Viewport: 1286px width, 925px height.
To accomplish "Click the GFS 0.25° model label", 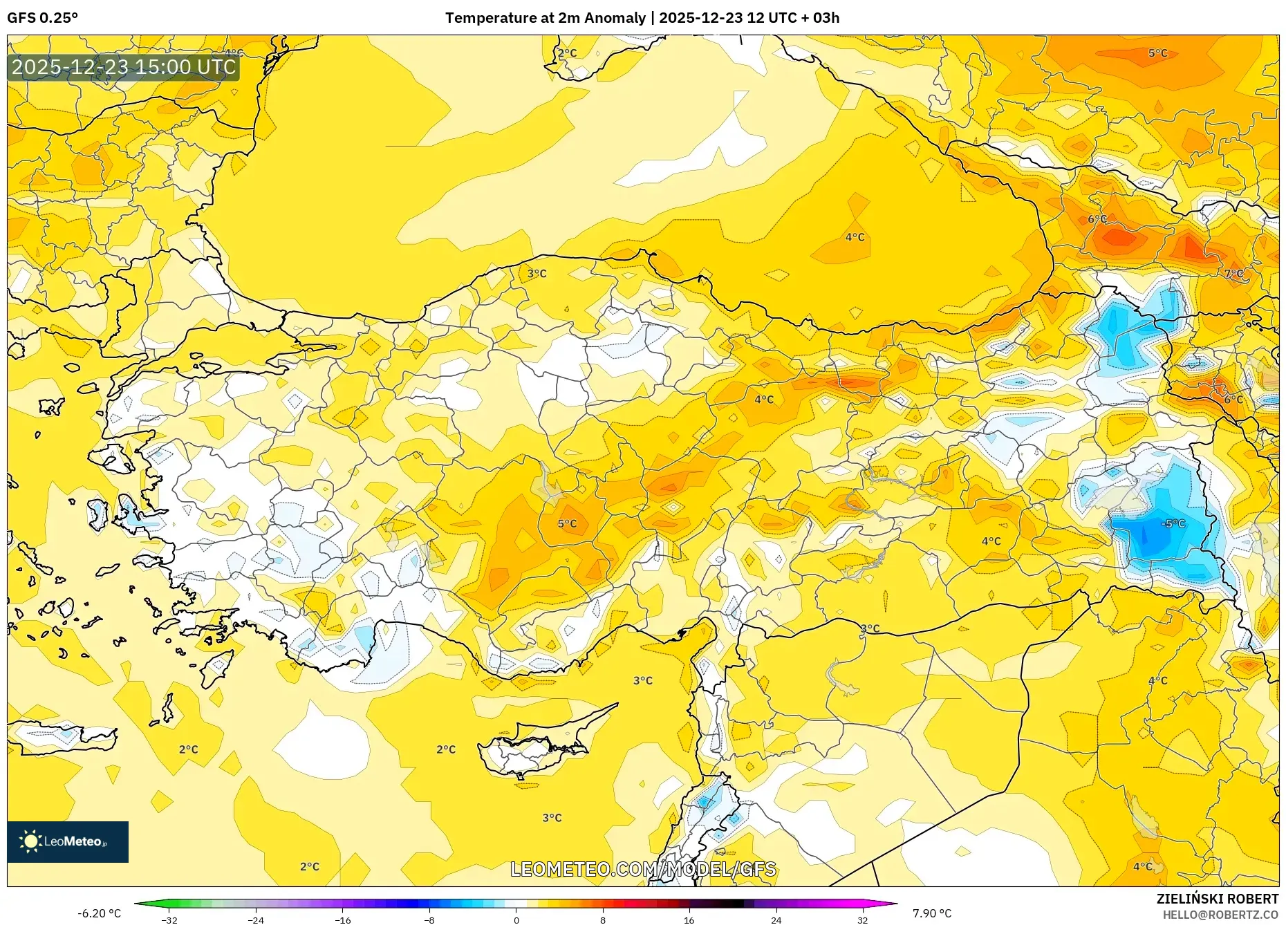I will (42, 18).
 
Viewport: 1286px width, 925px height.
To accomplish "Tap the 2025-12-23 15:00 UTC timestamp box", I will (124, 67).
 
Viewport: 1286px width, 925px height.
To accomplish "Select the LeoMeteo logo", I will (68, 841).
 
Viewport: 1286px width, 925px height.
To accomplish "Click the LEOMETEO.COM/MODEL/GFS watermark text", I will (643, 869).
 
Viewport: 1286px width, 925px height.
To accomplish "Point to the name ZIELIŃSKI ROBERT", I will (1217, 899).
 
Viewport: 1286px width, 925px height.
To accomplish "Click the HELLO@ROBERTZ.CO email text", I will (1220, 915).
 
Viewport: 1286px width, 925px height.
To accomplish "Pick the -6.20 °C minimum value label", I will (99, 913).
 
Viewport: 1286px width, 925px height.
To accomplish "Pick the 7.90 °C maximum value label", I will (931, 913).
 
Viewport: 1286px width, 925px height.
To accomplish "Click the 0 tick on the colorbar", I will (516, 920).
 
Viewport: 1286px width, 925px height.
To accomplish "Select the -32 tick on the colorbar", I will (169, 920).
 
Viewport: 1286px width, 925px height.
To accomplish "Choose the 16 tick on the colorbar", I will (689, 920).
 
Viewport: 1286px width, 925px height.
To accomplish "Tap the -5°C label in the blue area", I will (1173, 523).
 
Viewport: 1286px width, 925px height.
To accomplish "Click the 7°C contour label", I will (1233, 274).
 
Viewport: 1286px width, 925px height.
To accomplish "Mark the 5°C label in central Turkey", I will (567, 523).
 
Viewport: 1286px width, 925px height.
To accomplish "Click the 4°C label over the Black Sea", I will (855, 237).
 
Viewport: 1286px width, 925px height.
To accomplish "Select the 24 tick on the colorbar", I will (776, 920).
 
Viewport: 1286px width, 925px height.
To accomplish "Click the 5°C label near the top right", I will (1157, 53).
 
